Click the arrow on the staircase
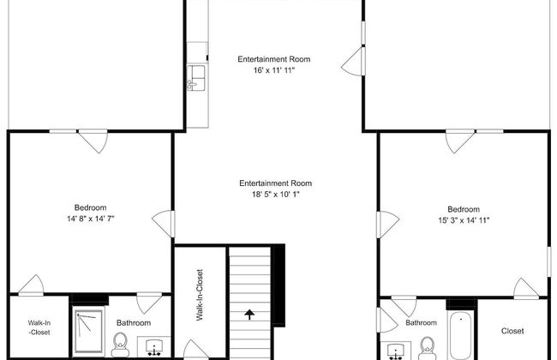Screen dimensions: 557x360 (x=249, y=315)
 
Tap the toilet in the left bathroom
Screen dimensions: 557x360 (x=121, y=345)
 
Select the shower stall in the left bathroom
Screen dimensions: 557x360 (x=89, y=331)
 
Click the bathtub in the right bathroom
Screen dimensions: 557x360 (x=461, y=335)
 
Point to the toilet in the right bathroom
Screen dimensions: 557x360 (x=427, y=348)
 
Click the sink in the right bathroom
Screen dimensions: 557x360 (x=395, y=351)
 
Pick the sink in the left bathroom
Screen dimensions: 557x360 (x=154, y=347)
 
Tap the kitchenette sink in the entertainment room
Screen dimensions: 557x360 (x=196, y=77)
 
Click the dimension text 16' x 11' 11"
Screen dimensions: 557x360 (x=274, y=70)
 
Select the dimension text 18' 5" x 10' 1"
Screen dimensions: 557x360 (x=276, y=195)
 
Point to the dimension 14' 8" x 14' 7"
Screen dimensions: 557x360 (x=90, y=219)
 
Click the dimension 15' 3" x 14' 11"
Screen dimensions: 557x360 (x=464, y=220)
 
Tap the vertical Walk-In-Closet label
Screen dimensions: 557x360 (x=200, y=295)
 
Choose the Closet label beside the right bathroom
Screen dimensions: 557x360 (x=512, y=331)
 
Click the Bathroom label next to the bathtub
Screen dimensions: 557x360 (x=421, y=322)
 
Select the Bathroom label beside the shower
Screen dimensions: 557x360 (x=134, y=322)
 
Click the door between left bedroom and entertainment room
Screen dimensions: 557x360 (x=165, y=224)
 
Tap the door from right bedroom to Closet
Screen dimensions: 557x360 (x=526, y=288)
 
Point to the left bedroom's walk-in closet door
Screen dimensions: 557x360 (x=31, y=285)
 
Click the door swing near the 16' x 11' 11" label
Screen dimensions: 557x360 (x=354, y=61)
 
